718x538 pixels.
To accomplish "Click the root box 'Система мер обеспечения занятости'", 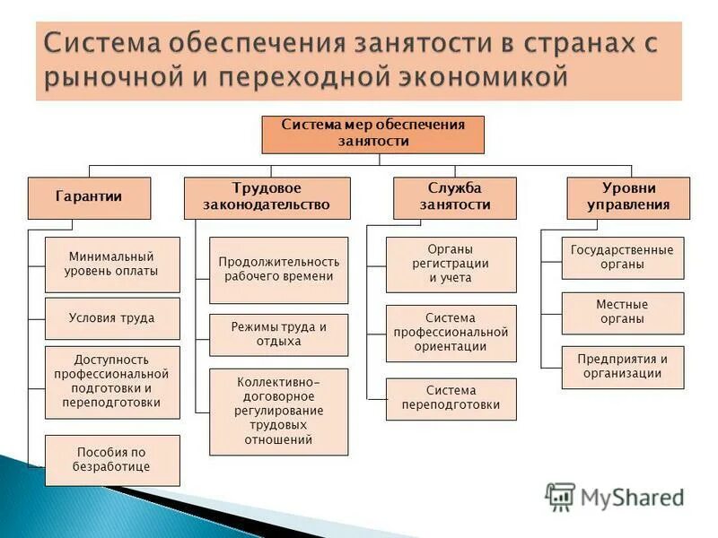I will pyautogui.click(x=372, y=134).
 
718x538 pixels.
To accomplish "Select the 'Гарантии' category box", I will pyautogui.click(x=89, y=197).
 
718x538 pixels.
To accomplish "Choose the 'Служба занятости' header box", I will pyautogui.click(x=455, y=197).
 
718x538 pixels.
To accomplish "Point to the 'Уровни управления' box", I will pyautogui.click(x=628, y=197).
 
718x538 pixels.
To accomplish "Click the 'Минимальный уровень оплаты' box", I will pyautogui.click(x=112, y=265).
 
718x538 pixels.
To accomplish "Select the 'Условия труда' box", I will pyautogui.click(x=112, y=318).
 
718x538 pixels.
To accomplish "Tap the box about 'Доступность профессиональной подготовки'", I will pyautogui.click(x=112, y=380).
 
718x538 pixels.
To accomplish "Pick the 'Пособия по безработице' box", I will pyautogui.click(x=112, y=460).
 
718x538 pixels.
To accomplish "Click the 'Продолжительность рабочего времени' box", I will pyautogui.click(x=278, y=270).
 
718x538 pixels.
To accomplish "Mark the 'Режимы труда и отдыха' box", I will pyautogui.click(x=278, y=334).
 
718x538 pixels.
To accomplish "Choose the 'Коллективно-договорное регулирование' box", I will pyautogui.click(x=278, y=412).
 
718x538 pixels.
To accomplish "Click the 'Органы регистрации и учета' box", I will pyautogui.click(x=451, y=265).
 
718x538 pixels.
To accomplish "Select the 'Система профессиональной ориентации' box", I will pyautogui.click(x=451, y=333).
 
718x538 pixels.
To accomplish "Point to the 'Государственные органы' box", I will pyautogui.click(x=622, y=258).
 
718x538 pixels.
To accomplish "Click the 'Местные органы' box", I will pyautogui.click(x=622, y=313).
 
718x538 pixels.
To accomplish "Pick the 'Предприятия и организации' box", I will pyautogui.click(x=622, y=367).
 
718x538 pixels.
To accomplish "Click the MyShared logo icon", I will pyautogui.click(x=560, y=496).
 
